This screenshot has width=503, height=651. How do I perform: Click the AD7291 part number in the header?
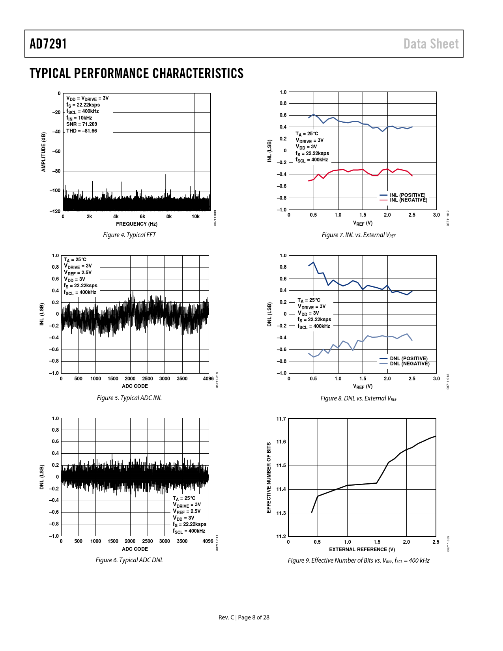48,44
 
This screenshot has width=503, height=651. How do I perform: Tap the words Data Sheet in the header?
431,44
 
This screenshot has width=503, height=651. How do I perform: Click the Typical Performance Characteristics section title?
137,73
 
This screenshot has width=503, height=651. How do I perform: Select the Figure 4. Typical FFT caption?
129,235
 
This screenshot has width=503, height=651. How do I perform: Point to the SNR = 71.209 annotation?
82,124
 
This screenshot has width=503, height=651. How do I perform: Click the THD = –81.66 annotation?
82,131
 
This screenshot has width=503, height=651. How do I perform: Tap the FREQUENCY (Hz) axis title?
137,224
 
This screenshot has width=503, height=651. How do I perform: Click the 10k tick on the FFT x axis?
196,217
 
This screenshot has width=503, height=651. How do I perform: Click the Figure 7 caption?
359,235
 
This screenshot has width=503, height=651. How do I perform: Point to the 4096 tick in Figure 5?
208,379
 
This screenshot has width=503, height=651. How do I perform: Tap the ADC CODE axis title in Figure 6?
135,549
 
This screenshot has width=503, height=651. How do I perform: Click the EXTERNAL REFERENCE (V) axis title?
362,550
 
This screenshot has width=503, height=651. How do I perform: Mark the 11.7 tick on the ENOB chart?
281,419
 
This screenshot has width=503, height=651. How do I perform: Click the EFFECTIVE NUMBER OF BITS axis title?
269,477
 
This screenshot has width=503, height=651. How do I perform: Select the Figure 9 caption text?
359,561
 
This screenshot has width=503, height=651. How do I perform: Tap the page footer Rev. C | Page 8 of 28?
244,617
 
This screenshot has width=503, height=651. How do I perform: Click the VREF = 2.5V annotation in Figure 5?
78,273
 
